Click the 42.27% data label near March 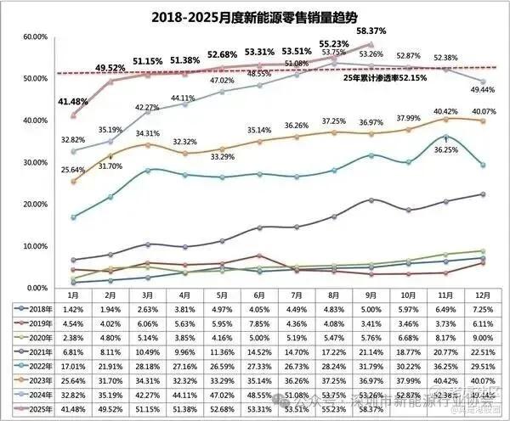(148, 108)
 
